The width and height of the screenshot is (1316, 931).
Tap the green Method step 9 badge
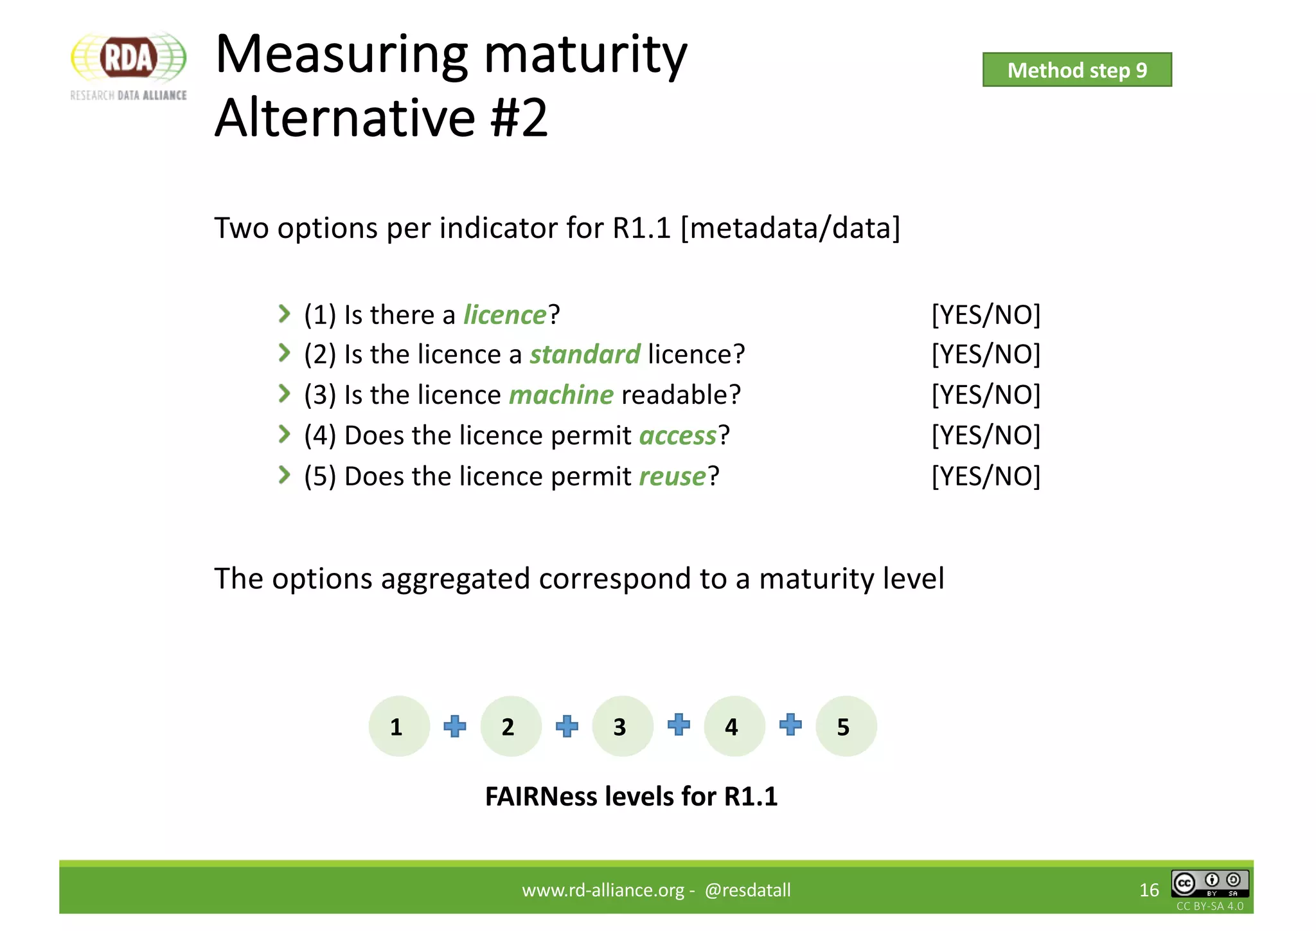pos(1076,70)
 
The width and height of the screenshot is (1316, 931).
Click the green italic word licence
pos(505,315)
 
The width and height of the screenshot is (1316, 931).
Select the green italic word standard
pos(585,354)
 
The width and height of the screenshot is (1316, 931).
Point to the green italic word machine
pos(561,395)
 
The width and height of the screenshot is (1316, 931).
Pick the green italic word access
pos(677,436)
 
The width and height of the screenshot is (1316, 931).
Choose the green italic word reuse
pos(672,476)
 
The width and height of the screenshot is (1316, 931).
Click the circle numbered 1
pos(398,727)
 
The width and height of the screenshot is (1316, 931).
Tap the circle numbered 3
pos(622,727)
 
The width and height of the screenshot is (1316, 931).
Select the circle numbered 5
pos(846,727)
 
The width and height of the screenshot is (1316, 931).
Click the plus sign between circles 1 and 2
pos(455,727)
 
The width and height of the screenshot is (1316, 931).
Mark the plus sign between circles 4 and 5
pos(790,725)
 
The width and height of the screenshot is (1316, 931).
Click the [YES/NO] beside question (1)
pos(986,315)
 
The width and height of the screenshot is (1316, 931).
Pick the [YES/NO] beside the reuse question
pos(986,476)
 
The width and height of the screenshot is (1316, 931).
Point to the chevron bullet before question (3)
pos(284,393)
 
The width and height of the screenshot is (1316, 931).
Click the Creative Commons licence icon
pos(1209,883)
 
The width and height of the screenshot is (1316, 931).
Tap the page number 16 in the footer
pos(1149,890)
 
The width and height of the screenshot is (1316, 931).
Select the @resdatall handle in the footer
pos(747,890)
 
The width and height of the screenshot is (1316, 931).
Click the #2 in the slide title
pos(519,118)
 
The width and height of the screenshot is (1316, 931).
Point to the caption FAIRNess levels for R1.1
pos(631,797)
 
